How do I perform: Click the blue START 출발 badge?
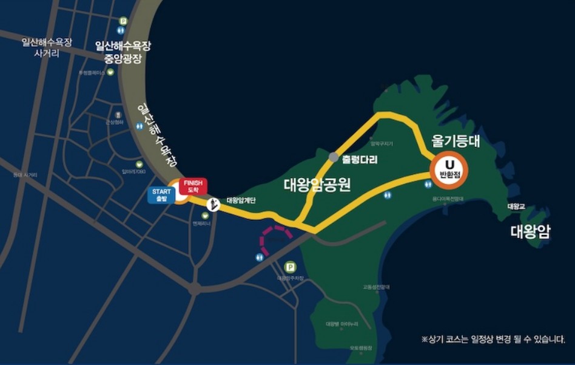(161, 195)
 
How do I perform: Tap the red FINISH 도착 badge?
(193, 186)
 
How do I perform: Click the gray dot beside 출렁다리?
(334, 157)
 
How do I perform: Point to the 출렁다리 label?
(360, 160)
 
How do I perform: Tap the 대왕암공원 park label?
(317, 185)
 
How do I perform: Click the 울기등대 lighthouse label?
(456, 141)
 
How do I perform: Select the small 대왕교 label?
(516, 206)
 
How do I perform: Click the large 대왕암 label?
(530, 231)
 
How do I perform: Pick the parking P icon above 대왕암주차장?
(290, 267)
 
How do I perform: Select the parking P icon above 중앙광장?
(124, 21)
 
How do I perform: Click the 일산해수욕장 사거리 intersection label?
(46, 47)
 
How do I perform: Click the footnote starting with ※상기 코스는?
(493, 339)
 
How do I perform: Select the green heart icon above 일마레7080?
(139, 164)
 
